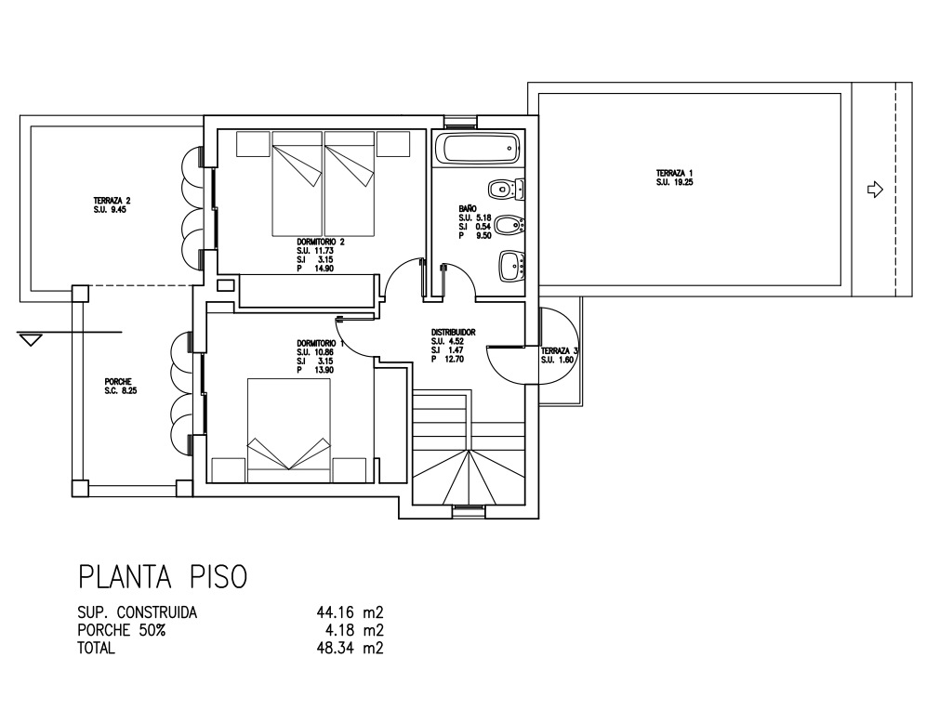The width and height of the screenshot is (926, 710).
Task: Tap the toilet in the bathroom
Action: tap(507, 190)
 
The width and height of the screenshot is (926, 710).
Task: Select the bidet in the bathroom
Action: tap(509, 225)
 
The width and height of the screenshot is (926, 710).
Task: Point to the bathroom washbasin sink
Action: tap(512, 267)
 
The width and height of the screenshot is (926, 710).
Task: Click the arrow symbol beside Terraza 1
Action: tap(875, 190)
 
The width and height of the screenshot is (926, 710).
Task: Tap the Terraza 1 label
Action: tap(674, 177)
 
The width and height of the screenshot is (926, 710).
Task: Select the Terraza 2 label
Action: tap(112, 204)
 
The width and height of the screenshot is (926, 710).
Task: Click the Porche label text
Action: tap(121, 386)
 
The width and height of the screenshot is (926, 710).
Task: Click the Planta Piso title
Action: tap(163, 576)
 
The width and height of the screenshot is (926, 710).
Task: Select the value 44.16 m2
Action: tap(351, 612)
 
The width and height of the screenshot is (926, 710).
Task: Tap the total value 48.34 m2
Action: tap(351, 648)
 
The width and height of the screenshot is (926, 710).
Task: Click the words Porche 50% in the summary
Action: tap(122, 630)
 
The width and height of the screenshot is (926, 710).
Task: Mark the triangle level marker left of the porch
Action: tap(30, 339)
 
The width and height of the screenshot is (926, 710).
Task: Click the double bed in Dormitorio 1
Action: tap(289, 430)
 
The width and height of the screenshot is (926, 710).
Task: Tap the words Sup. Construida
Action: tap(137, 612)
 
